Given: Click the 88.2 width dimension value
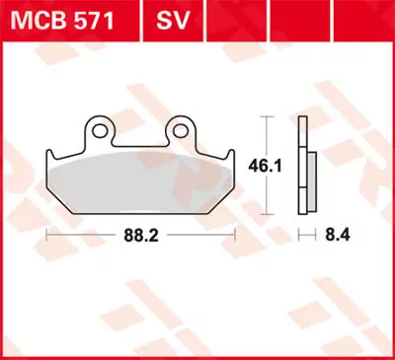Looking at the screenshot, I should [x=141, y=236].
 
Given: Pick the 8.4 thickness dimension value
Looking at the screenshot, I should [x=335, y=236].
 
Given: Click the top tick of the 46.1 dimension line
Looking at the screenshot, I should [x=265, y=116].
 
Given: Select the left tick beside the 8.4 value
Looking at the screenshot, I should [x=299, y=236].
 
